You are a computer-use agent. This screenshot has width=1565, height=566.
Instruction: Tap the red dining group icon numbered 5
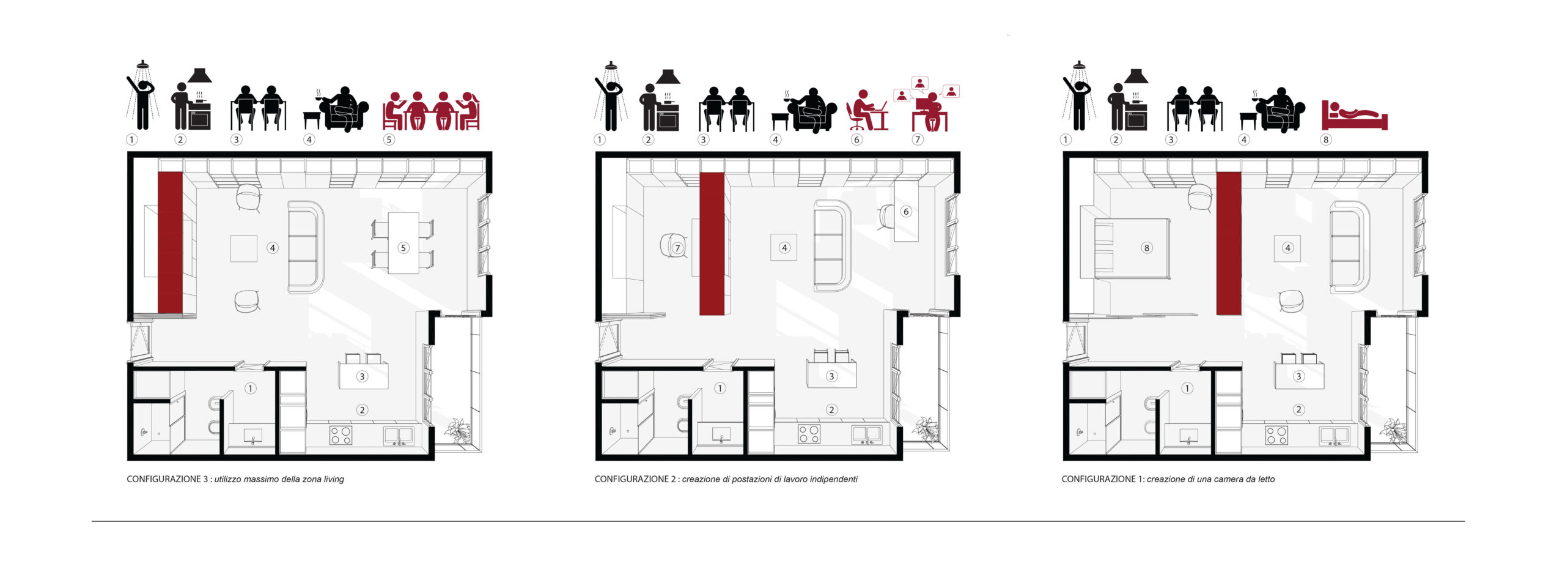pyautogui.click(x=431, y=111)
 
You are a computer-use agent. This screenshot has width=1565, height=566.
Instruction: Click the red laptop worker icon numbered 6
pyautogui.click(x=867, y=111)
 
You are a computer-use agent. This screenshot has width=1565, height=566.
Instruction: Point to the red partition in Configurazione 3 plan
pyautogui.click(x=171, y=243)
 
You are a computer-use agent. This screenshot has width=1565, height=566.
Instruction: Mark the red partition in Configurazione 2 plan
pyautogui.click(x=712, y=244)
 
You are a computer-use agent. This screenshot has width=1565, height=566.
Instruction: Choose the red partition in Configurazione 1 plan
pyautogui.click(x=1228, y=244)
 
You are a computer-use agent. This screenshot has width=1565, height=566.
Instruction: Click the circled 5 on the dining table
pyautogui.click(x=403, y=248)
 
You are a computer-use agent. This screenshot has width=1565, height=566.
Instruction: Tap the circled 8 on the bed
pyautogui.click(x=1147, y=248)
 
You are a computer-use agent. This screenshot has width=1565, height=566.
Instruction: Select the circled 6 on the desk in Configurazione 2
pyautogui.click(x=906, y=212)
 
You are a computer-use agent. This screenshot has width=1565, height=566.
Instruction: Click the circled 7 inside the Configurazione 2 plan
pyautogui.click(x=677, y=248)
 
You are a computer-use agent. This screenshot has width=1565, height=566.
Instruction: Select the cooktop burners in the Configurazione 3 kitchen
pyautogui.click(x=341, y=435)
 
